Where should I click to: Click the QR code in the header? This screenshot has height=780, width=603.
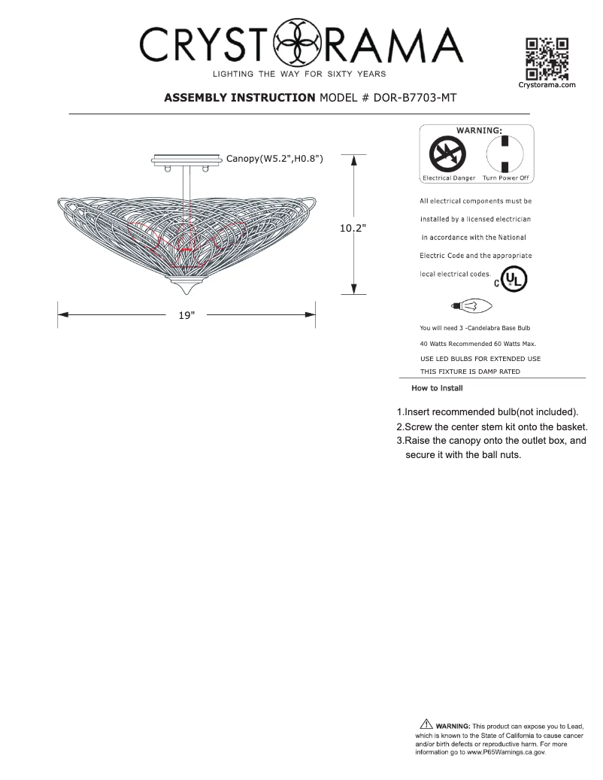point(547,59)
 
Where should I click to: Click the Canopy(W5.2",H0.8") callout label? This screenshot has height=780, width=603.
point(274,159)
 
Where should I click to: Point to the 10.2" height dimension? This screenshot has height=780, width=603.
point(353,229)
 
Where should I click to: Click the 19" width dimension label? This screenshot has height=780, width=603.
point(186,315)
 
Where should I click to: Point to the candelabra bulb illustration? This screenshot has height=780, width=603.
point(471,305)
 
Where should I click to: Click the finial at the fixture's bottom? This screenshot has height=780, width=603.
point(186,287)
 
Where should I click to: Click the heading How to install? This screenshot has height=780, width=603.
point(437,388)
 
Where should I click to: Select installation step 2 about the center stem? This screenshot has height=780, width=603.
point(492,426)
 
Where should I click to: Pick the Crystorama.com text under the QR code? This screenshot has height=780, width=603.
point(547,85)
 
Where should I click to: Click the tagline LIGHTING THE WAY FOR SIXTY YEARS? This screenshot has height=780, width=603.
point(299,74)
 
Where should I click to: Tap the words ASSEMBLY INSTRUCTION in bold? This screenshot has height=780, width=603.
point(240,98)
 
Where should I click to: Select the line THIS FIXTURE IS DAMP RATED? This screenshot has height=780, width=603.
point(470,372)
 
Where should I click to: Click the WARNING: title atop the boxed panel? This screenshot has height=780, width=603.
point(478,130)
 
